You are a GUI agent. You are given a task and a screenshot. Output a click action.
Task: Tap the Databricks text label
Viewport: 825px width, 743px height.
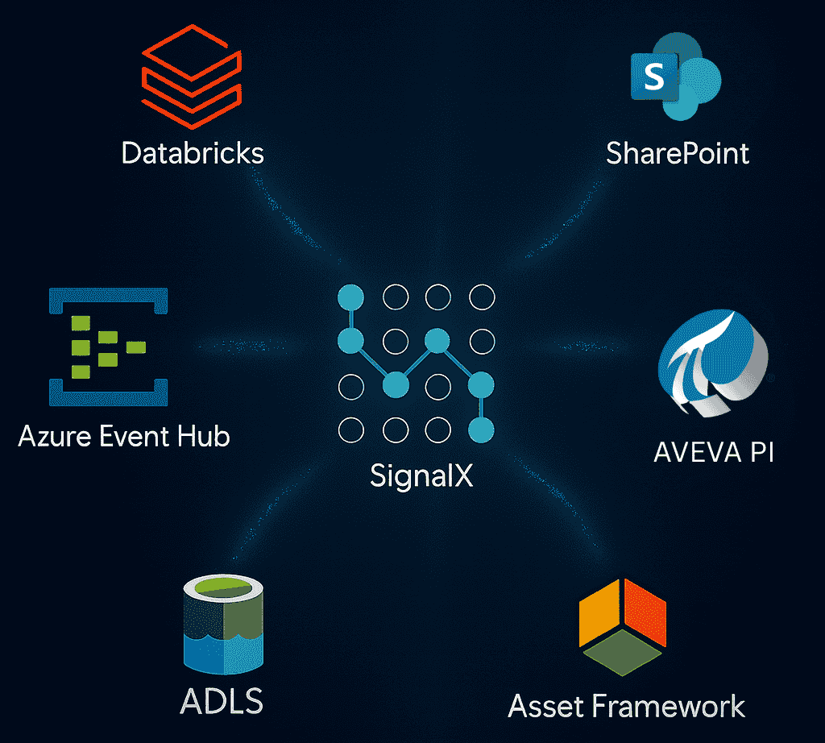[x=193, y=152]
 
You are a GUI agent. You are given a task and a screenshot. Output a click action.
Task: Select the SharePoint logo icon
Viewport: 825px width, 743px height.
[x=675, y=77]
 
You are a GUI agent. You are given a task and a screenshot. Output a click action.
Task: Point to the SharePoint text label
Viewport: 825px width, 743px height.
[x=678, y=152]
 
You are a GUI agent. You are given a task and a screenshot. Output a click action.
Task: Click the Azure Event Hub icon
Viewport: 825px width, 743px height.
[x=108, y=346]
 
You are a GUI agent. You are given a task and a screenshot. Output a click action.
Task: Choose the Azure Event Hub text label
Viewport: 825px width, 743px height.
[x=124, y=437]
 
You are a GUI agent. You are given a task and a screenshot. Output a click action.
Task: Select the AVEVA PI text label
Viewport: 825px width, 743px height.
[x=714, y=451]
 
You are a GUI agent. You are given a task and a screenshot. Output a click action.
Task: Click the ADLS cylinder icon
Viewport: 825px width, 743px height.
[x=223, y=625]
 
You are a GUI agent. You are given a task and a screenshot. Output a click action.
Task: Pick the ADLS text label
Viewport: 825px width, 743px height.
[x=222, y=701]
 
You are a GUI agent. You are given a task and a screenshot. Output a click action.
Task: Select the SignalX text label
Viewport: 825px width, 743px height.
[x=421, y=475]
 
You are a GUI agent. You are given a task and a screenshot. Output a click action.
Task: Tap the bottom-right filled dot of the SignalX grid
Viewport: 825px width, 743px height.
[x=482, y=430]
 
